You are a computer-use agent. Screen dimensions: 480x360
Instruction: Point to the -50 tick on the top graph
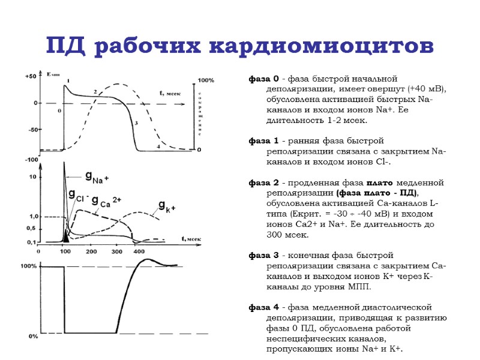point(32,130)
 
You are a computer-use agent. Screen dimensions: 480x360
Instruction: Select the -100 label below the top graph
point(31,160)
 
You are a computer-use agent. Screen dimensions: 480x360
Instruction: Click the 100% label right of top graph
point(206,80)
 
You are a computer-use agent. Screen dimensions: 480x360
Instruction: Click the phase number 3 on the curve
point(137,123)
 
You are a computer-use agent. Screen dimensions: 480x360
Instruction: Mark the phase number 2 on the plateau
point(95,92)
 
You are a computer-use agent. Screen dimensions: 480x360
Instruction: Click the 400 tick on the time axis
point(139,252)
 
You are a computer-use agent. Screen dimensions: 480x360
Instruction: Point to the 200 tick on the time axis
point(91,252)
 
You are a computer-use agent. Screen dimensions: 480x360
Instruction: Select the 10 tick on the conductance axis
point(33,178)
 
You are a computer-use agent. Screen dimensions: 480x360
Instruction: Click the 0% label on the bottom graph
point(34,337)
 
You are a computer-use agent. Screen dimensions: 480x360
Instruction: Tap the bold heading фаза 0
point(263,79)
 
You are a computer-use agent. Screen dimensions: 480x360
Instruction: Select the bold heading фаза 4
point(263,308)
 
